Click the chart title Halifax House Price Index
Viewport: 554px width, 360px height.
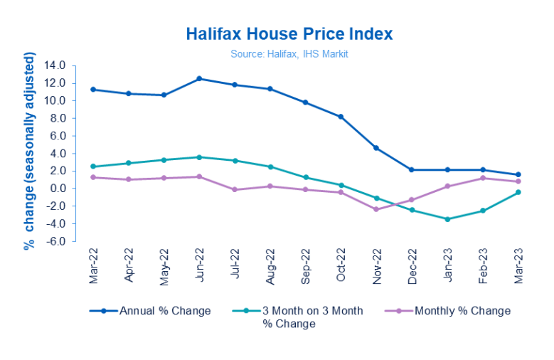[289, 34]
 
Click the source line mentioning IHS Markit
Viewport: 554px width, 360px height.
[289, 53]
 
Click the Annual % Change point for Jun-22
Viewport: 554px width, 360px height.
[199, 78]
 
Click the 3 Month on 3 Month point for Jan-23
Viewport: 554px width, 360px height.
[447, 219]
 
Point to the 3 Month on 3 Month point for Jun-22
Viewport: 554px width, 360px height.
[199, 157]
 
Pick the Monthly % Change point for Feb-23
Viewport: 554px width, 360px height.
[483, 178]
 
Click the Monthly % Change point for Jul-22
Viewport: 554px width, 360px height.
[235, 190]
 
